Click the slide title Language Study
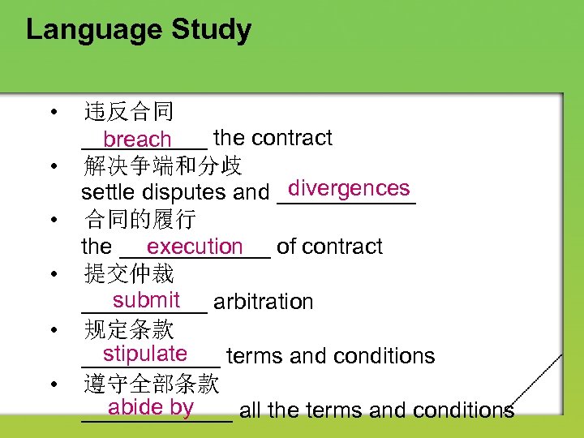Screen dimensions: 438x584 (x=139, y=30)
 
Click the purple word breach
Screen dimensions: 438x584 (x=137, y=140)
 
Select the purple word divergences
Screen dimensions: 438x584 (x=349, y=188)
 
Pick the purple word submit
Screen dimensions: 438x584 (x=146, y=300)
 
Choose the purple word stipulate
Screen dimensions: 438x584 (x=145, y=354)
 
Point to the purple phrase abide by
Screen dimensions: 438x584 (x=151, y=407)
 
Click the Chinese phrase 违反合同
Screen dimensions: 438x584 (x=128, y=112)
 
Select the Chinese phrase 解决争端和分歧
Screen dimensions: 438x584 (x=162, y=166)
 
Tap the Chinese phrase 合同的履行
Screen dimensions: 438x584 (x=140, y=220)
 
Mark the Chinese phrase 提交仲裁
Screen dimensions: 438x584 (x=128, y=274)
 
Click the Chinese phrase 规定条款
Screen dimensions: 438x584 (x=128, y=328)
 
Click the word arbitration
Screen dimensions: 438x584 (x=264, y=302)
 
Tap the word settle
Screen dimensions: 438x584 (x=108, y=193)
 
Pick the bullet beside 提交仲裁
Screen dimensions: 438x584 (x=53, y=274)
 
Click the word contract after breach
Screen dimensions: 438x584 (x=295, y=138)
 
